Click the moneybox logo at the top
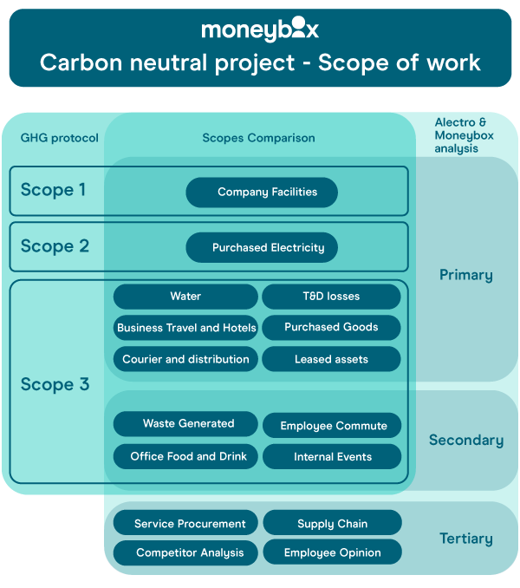tap(260, 30)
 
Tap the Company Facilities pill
tap(262, 193)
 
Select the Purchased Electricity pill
tap(262, 248)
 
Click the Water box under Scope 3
tap(185, 297)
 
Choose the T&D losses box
tap(331, 297)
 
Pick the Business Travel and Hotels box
tap(186, 328)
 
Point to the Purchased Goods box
tap(331, 327)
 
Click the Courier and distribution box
tap(185, 359)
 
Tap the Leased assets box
tap(331, 359)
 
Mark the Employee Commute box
tap(332, 426)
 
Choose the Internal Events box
tap(332, 457)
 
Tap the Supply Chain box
tap(332, 524)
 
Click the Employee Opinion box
tap(332, 552)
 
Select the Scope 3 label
tap(55, 384)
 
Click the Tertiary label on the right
tap(465, 539)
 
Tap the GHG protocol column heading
tap(60, 138)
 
